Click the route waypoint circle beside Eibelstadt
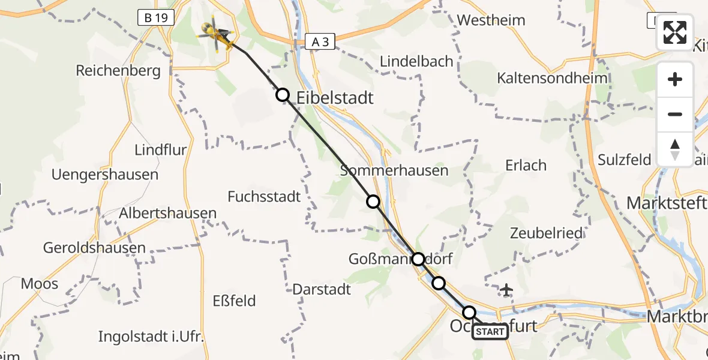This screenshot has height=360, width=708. tap(283, 95)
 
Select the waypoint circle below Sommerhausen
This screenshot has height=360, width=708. tap(373, 202)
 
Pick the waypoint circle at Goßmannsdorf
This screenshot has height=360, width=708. tap(418, 259)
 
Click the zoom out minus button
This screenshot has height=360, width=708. tap(675, 114)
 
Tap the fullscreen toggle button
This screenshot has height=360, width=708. tap(675, 32)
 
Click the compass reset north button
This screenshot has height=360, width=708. tap(675, 149)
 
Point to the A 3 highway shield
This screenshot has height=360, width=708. tap(320, 41)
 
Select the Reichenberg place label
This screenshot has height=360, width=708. tap(118, 71)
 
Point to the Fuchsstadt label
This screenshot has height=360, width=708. tap(264, 196)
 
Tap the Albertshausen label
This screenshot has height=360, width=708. tap(168, 213)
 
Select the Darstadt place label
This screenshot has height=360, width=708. tap(322, 289)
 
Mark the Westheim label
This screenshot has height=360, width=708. tap(491, 20)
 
